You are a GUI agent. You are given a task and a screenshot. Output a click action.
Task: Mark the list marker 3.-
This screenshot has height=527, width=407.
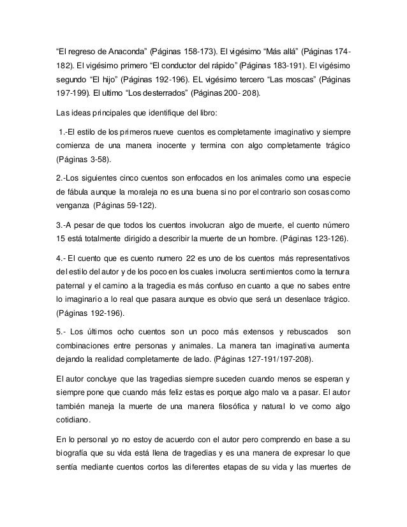[63, 228]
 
